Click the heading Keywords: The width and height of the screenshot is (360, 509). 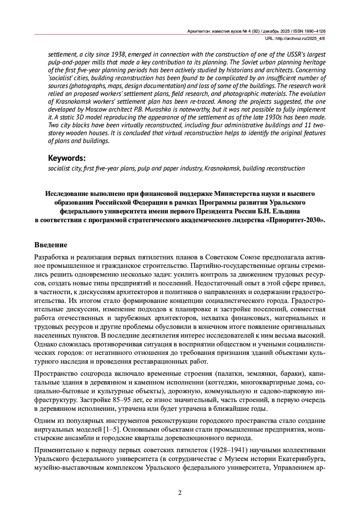67,158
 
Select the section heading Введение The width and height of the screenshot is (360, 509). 51,245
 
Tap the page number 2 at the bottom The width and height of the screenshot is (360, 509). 180,493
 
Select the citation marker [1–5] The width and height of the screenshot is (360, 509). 112,430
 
